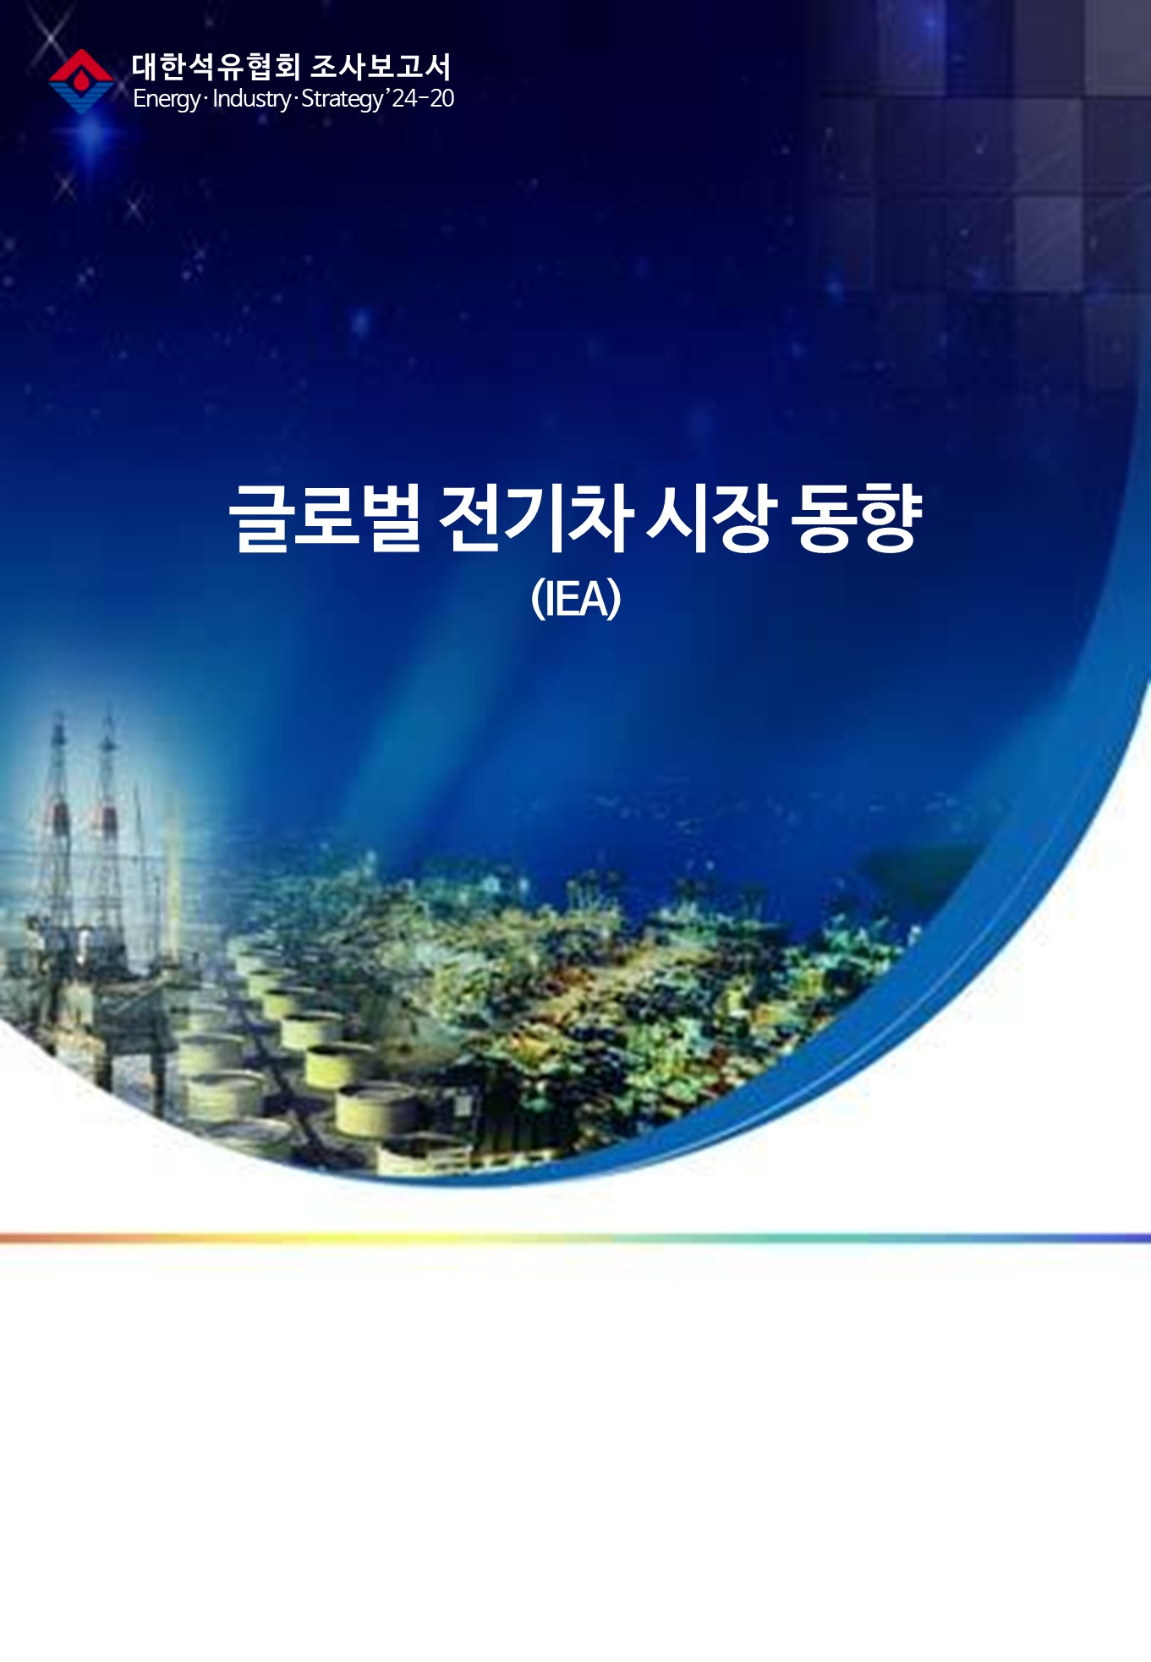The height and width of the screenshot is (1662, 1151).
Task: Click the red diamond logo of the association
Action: (x=81, y=81)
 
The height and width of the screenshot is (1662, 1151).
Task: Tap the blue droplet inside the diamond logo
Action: (x=81, y=82)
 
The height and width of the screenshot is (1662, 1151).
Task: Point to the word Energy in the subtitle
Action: (x=167, y=99)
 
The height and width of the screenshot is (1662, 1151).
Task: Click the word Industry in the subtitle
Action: (x=251, y=98)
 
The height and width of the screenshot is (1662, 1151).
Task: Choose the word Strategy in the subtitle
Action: (x=342, y=99)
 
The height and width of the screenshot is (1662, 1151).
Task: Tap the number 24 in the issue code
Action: (x=405, y=98)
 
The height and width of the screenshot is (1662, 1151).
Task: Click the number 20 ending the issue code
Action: (x=441, y=98)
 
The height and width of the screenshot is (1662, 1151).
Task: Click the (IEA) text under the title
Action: (x=576, y=598)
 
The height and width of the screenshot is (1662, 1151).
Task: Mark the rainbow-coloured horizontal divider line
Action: (x=575, y=1238)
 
